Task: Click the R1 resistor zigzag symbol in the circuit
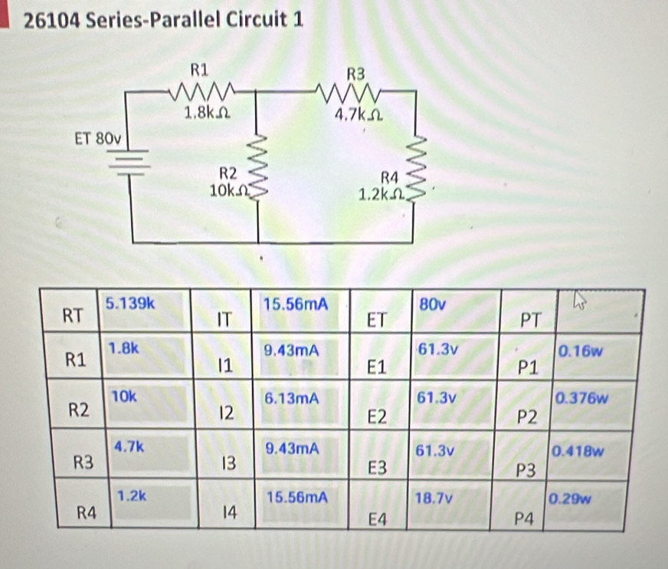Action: pos(201,93)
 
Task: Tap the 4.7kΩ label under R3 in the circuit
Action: pos(357,116)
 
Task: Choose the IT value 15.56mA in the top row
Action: pos(295,304)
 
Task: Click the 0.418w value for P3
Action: pos(580,450)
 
